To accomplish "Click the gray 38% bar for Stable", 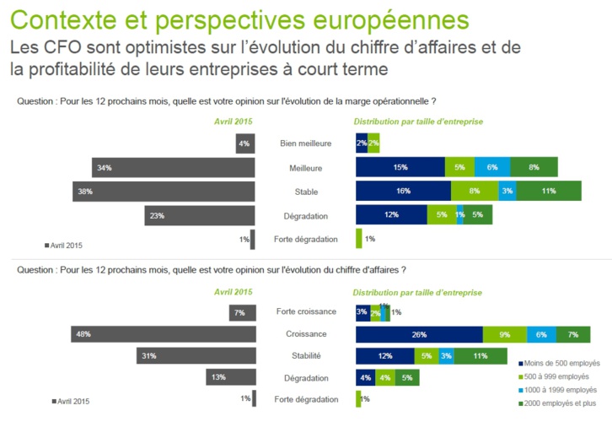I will point(164,192).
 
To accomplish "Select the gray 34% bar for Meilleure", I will point(173,168).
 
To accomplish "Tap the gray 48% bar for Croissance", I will point(164,334).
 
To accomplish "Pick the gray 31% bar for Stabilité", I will point(196,356).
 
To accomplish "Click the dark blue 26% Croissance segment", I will point(419,334).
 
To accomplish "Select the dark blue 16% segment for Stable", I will point(403,192).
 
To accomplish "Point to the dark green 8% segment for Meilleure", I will point(534,168).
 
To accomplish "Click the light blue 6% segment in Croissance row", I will point(541,334).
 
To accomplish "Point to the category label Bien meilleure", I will point(305,144).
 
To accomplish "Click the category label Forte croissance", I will point(305,311).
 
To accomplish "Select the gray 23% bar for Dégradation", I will point(200,215).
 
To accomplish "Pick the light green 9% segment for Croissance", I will point(504,334).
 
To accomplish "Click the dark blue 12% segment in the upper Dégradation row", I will point(391,215).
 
